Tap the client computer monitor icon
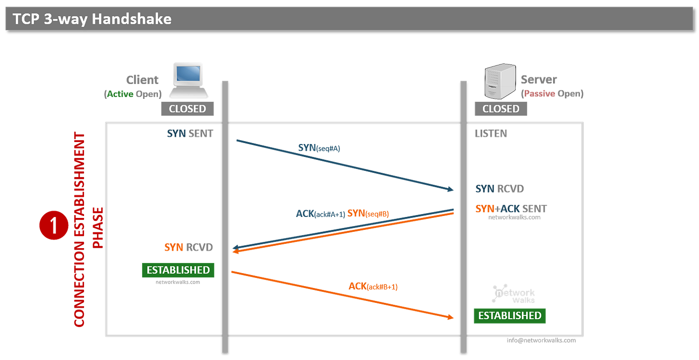pyautogui.click(x=188, y=78)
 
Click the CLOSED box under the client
pyautogui.click(x=187, y=108)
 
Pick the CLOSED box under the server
pyautogui.click(x=501, y=108)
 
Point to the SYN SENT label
pyautogui.click(x=190, y=134)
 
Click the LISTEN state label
pyautogui.click(x=491, y=134)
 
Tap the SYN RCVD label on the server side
pyautogui.click(x=499, y=189)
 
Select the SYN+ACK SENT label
pyautogui.click(x=511, y=209)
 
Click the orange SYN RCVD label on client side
pyautogui.click(x=188, y=248)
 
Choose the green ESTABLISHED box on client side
pyautogui.click(x=178, y=270)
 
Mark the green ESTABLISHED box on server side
pyautogui.click(x=510, y=315)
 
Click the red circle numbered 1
pyautogui.click(x=54, y=225)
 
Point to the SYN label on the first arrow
pyautogui.click(x=319, y=148)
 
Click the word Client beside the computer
pyautogui.click(x=142, y=79)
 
